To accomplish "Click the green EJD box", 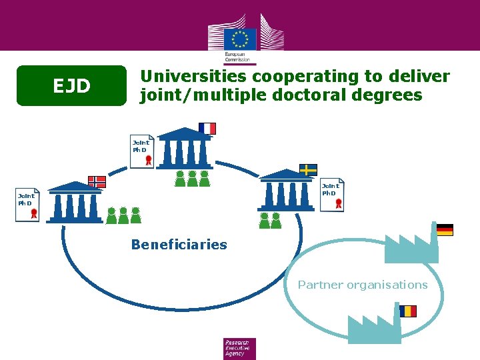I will (x=71, y=85).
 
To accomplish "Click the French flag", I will (x=207, y=129).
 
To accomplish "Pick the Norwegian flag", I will (x=97, y=181).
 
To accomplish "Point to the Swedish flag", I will (x=307, y=169).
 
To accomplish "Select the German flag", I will (x=445, y=230).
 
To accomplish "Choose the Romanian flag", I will (x=408, y=311).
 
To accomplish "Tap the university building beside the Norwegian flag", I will (x=75, y=203).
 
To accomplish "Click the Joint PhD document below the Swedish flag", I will (x=331, y=195).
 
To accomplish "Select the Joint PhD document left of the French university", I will (x=142, y=152).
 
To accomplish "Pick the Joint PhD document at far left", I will (x=28, y=205).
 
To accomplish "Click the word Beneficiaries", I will (x=179, y=245).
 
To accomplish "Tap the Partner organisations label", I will (x=363, y=285).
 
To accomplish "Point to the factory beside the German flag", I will (x=411, y=248).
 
